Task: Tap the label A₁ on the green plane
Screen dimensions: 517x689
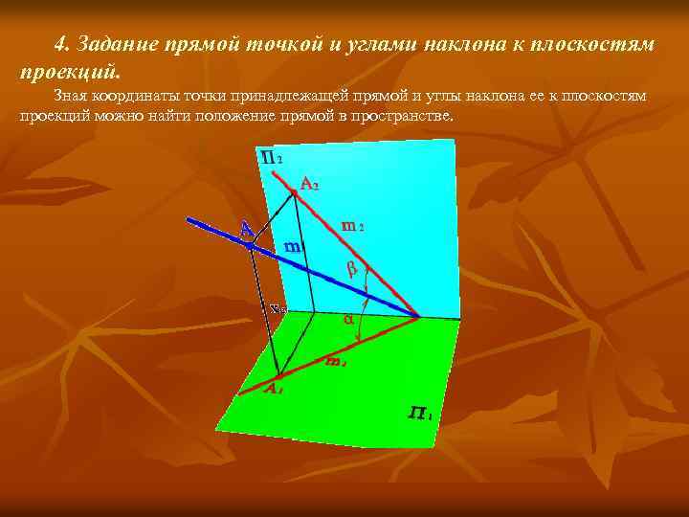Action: tap(274, 389)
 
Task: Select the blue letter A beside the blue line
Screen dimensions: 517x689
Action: tap(247, 229)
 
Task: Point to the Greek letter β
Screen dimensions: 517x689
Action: tap(351, 270)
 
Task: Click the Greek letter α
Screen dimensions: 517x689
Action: tap(348, 318)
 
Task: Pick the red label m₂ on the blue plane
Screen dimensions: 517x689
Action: tap(353, 226)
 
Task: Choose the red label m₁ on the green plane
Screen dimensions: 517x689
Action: tap(335, 361)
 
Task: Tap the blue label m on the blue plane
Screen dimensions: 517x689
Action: tap(294, 246)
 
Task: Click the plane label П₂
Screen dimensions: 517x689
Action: tap(271, 156)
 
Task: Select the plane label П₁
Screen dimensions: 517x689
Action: tap(420, 413)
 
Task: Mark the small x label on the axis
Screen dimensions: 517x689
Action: tap(278, 308)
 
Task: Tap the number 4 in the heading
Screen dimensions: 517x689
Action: tap(60, 45)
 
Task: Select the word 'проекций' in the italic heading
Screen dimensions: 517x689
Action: tap(67, 71)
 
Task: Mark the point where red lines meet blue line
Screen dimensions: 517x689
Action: tap(419, 317)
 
